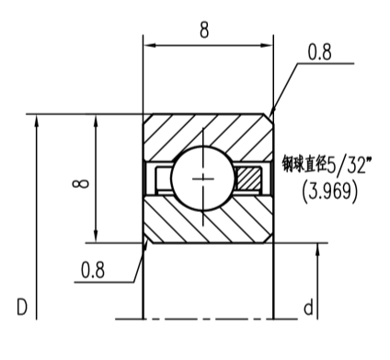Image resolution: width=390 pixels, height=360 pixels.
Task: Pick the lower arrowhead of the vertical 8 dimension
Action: click(x=97, y=237)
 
